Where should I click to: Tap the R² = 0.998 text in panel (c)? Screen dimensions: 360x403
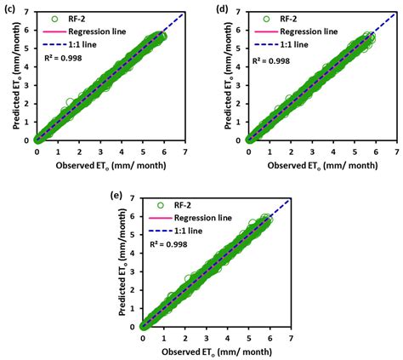pyautogui.click(x=64, y=62)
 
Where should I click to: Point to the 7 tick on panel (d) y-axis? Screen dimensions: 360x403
pyautogui.click(x=241, y=10)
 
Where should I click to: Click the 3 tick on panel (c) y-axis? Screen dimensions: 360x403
pyautogui.click(x=30, y=84)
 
